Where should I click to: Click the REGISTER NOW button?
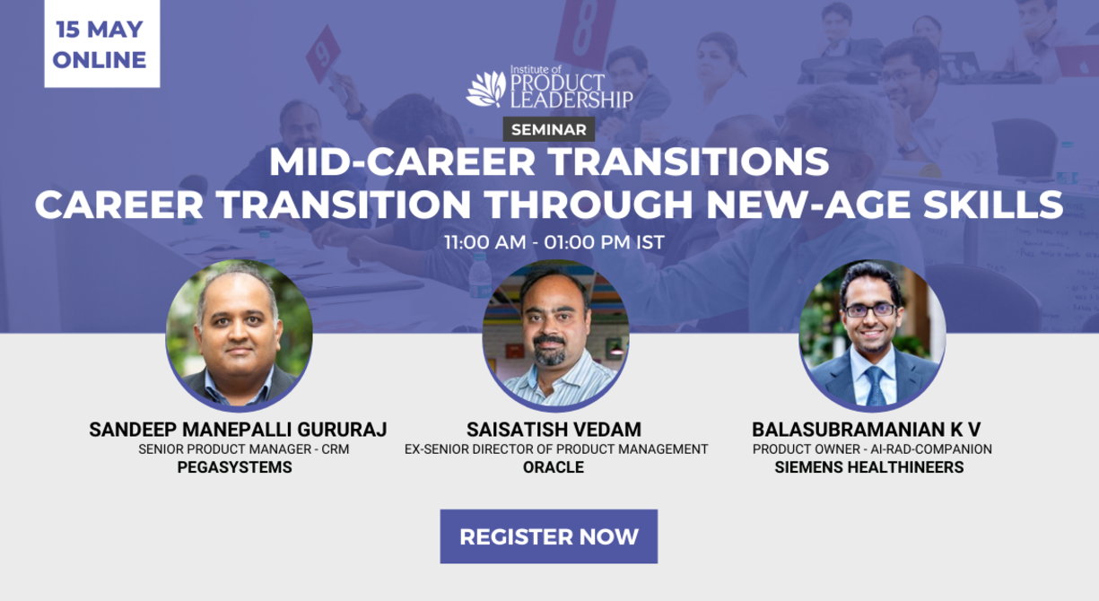pyautogui.click(x=548, y=536)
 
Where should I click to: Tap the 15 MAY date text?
pyautogui.click(x=100, y=30)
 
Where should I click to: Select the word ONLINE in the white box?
pyautogui.click(x=100, y=60)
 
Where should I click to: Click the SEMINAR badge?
pyautogui.click(x=548, y=129)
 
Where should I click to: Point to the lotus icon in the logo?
pyautogui.click(x=485, y=89)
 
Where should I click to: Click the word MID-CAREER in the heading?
pyautogui.click(x=402, y=161)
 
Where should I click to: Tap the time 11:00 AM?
pyautogui.click(x=484, y=242)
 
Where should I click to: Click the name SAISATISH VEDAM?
pyautogui.click(x=554, y=430)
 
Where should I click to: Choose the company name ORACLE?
pyautogui.click(x=554, y=467)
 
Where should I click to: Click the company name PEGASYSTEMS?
pyautogui.click(x=234, y=467)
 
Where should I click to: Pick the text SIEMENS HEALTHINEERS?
pyautogui.click(x=869, y=467)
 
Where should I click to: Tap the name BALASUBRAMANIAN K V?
pyautogui.click(x=866, y=430)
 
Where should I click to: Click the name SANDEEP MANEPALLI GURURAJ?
pyautogui.click(x=238, y=430)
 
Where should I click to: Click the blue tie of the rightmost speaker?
pyautogui.click(x=876, y=386)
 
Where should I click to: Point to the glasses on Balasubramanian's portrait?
pyautogui.click(x=870, y=310)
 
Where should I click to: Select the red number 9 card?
pyautogui.click(x=323, y=54)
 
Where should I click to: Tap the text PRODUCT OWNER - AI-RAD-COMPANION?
pyautogui.click(x=872, y=449)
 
